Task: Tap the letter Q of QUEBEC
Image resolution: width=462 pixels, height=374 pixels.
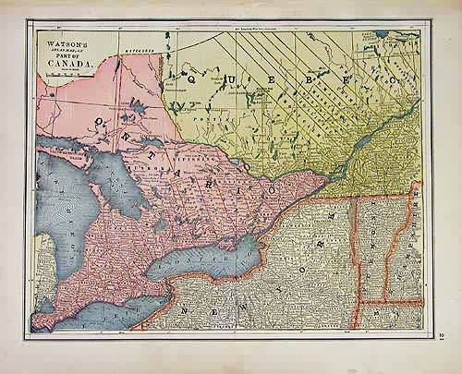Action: pyautogui.click(x=194, y=81)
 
